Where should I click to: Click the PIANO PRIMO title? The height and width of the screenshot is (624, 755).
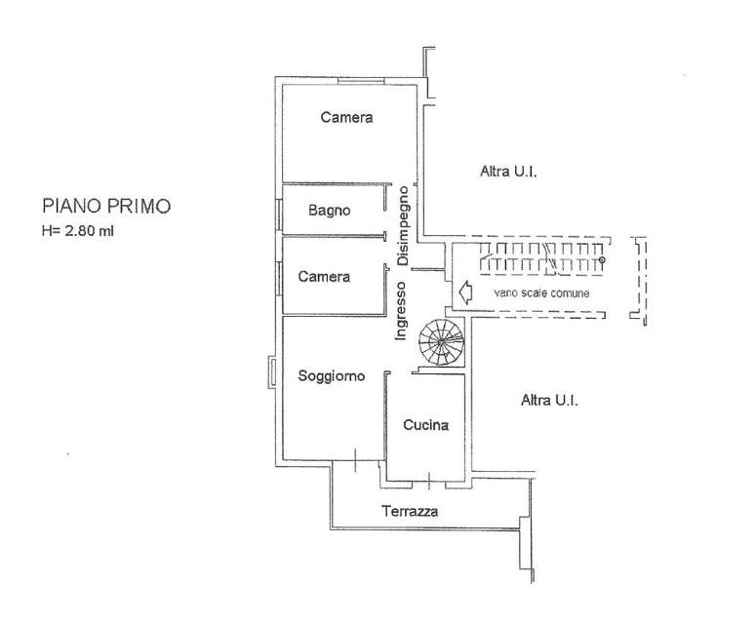(106, 206)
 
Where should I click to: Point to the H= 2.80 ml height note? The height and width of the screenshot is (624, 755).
(78, 231)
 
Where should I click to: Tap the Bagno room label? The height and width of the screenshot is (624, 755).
(330, 211)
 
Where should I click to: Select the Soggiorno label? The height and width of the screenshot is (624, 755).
(332, 375)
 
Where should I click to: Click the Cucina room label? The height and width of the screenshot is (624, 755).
(425, 425)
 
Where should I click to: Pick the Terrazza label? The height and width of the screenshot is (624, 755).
(410, 511)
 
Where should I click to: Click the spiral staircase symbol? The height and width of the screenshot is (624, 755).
(442, 342)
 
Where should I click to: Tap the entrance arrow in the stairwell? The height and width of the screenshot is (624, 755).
(466, 292)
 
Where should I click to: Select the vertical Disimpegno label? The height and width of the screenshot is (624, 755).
(403, 226)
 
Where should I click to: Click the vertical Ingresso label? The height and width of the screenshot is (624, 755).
(401, 311)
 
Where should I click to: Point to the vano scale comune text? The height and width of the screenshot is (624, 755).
(541, 293)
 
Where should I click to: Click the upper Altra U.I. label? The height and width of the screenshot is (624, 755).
(508, 172)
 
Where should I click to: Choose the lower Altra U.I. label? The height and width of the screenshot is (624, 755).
(549, 400)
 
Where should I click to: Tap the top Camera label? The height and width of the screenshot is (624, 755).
(346, 117)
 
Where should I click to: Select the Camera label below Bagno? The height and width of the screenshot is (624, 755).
(324, 277)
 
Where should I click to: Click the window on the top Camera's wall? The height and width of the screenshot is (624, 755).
(361, 81)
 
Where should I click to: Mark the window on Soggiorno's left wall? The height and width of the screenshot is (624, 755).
(272, 371)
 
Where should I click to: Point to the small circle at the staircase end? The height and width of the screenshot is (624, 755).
(602, 259)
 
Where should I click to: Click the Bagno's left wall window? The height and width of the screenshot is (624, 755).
(279, 214)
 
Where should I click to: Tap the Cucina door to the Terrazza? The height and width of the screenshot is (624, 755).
(429, 481)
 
